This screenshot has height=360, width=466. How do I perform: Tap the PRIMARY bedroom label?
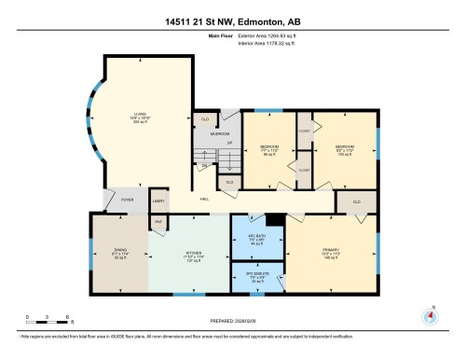[x=332, y=256]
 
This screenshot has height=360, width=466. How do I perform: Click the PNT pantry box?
[x=158, y=221]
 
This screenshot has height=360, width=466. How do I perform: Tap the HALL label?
[x=203, y=199]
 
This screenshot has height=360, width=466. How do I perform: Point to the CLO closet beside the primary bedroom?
[x=356, y=201]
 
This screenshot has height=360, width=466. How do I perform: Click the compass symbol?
[x=430, y=315]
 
